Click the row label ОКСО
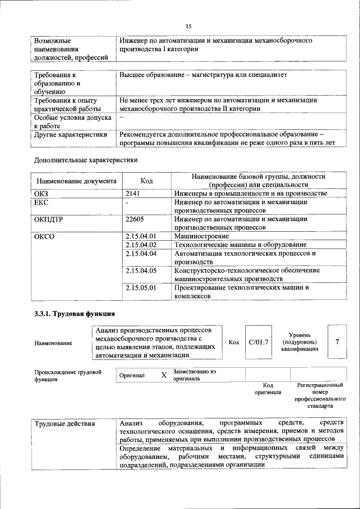click(44, 236)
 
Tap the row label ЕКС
click(41, 202)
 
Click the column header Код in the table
click(146, 181)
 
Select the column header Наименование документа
click(76, 181)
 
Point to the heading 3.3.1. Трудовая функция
click(75, 313)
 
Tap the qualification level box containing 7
click(337, 341)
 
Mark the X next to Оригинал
click(164, 375)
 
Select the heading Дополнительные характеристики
click(86, 160)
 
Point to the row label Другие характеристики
click(70, 134)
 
